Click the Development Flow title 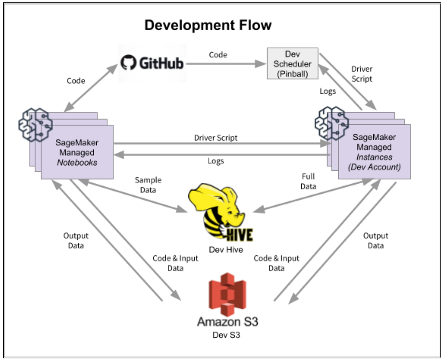[x=208, y=25]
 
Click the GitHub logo [x=152, y=63]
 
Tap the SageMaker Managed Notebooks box [x=76, y=152]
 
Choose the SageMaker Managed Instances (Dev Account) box [x=374, y=152]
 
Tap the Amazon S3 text [x=227, y=322]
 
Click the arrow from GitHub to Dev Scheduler [x=226, y=64]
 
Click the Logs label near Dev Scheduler [x=327, y=91]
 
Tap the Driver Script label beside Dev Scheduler [x=362, y=74]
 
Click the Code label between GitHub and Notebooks [x=76, y=81]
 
